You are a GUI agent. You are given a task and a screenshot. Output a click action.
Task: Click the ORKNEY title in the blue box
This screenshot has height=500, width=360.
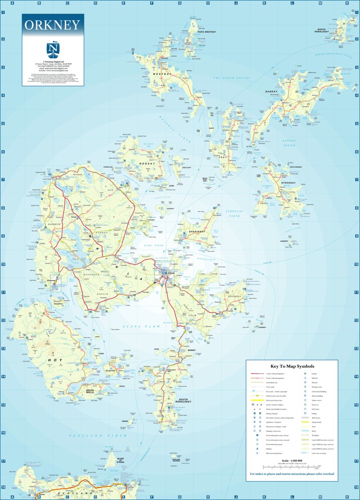[x=53, y=25]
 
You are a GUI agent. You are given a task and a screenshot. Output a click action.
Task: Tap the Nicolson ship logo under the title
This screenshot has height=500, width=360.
[x=53, y=49]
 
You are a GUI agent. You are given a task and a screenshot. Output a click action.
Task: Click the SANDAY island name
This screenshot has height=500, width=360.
[x=271, y=92]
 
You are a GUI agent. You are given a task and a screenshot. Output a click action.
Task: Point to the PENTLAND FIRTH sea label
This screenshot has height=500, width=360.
[x=98, y=436]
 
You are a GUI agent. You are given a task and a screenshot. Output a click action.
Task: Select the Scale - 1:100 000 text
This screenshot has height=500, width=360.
[x=292, y=461]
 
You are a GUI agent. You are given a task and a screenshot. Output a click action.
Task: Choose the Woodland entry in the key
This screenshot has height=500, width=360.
[x=314, y=435]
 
